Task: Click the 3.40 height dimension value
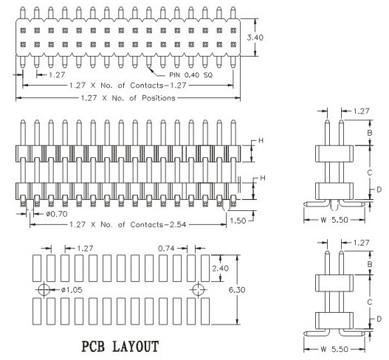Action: [x=255, y=38]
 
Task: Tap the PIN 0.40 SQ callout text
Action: [x=190, y=75]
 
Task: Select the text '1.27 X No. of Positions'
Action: [x=128, y=98]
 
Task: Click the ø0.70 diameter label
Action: [x=57, y=214]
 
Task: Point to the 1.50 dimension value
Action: [x=238, y=221]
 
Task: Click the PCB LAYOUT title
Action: [x=120, y=347]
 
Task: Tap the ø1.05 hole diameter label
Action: [x=72, y=290]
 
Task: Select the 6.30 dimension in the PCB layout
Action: [x=237, y=290]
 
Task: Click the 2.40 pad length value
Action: [x=220, y=269]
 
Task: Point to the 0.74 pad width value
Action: [x=166, y=248]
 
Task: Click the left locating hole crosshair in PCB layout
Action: [x=44, y=289]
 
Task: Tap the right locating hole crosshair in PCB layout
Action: [x=199, y=289]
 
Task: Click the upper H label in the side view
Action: [x=261, y=141]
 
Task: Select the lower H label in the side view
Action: [x=263, y=178]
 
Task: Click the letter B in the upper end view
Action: [x=370, y=133]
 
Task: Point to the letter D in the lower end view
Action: [x=379, y=319]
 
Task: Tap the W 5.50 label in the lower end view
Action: [x=334, y=349]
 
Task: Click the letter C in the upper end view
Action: [x=370, y=173]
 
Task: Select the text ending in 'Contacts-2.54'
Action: [x=128, y=224]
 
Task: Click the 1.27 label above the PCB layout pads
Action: [x=85, y=248]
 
